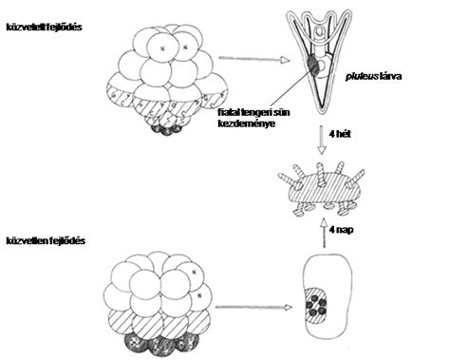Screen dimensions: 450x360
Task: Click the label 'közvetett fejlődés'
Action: pos(45,28)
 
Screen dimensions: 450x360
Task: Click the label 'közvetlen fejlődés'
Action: pos(46,241)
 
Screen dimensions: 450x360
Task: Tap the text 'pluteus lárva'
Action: pos(373,77)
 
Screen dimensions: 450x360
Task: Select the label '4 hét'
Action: pos(340,134)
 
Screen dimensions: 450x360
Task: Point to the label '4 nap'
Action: pos(341,230)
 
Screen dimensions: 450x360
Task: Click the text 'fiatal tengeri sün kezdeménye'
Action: pos(253,118)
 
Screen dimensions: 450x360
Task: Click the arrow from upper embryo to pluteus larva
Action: pos(254,60)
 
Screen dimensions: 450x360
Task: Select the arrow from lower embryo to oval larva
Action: pos(253,307)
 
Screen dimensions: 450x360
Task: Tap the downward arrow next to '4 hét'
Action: pos(322,141)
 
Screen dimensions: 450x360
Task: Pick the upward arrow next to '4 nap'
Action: pos(324,233)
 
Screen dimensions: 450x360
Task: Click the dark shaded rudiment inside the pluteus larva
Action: pos(314,66)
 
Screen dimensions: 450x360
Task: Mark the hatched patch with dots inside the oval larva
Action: pos(315,305)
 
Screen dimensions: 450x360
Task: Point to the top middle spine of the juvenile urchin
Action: pos(322,174)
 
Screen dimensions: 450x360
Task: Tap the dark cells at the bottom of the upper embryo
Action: pos(166,129)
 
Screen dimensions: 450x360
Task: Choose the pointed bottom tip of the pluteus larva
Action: pos(323,113)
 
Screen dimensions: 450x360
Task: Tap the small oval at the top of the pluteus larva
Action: pos(321,30)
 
